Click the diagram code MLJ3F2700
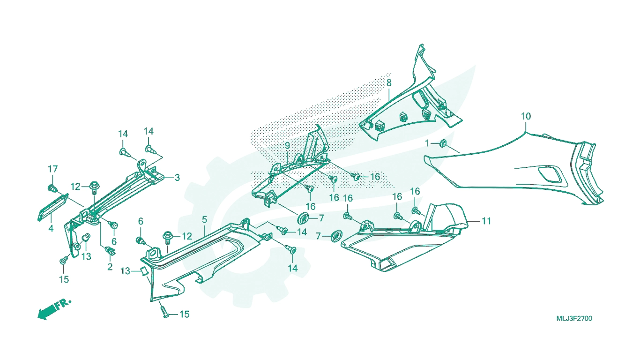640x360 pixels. pyautogui.click(x=574, y=319)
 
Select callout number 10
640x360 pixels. pyautogui.click(x=526, y=116)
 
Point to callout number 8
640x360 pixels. pyautogui.click(x=388, y=83)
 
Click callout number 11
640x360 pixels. pyautogui.click(x=486, y=221)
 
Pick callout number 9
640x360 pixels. pyautogui.click(x=287, y=145)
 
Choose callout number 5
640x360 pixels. pyautogui.click(x=204, y=219)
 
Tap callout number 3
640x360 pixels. pyautogui.click(x=177, y=178)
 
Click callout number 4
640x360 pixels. pyautogui.click(x=51, y=228)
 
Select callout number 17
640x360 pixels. pyautogui.click(x=53, y=169)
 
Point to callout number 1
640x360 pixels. pyautogui.click(x=427, y=143)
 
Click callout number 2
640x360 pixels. pyautogui.click(x=110, y=267)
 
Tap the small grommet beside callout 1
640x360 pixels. pyautogui.click(x=444, y=143)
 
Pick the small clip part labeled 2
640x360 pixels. pyautogui.click(x=110, y=251)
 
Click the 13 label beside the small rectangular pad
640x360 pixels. pyautogui.click(x=125, y=271)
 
